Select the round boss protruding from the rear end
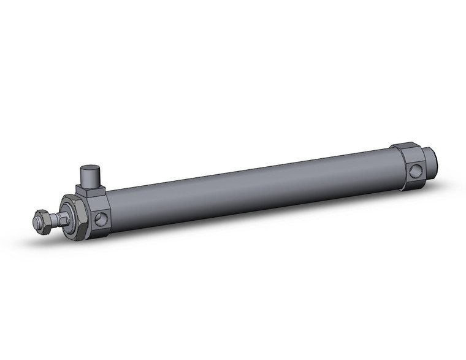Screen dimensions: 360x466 [x=432, y=164]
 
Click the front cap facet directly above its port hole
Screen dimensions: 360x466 [x=100, y=201]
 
